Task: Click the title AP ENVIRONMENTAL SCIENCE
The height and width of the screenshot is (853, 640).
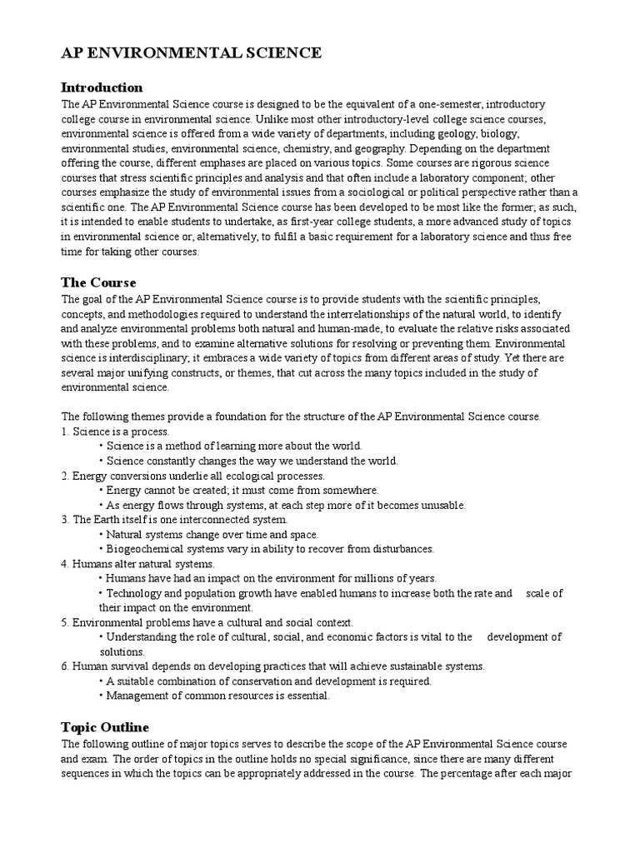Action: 192,53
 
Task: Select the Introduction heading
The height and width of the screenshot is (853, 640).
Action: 102,87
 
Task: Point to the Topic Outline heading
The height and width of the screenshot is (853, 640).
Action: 105,727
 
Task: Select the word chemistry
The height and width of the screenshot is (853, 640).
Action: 307,148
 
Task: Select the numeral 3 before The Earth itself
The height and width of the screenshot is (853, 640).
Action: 64,520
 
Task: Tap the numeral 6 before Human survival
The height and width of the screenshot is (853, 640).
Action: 64,666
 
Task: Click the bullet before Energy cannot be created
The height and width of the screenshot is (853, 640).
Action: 101,491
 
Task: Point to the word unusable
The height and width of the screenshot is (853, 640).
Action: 442,505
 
